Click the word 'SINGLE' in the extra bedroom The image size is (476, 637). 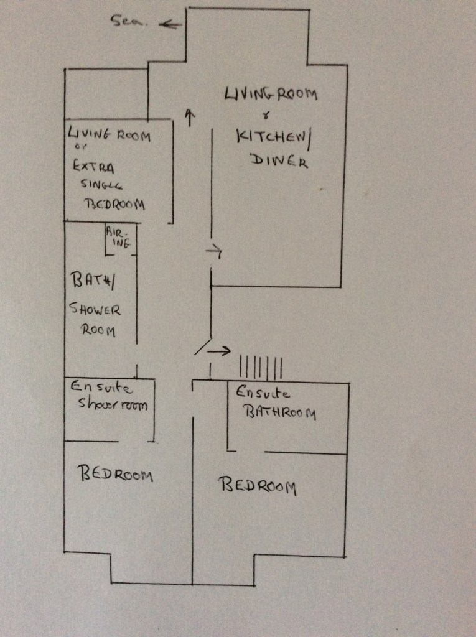[102, 185]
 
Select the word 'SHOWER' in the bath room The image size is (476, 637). [95, 309]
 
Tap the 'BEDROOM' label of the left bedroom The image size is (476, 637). [114, 474]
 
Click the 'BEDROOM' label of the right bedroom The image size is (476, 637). [257, 485]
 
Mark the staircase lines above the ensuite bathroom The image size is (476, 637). [261, 367]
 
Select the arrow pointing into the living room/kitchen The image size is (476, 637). [213, 251]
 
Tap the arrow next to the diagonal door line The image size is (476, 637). [218, 351]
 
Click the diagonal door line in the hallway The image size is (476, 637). [203, 346]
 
